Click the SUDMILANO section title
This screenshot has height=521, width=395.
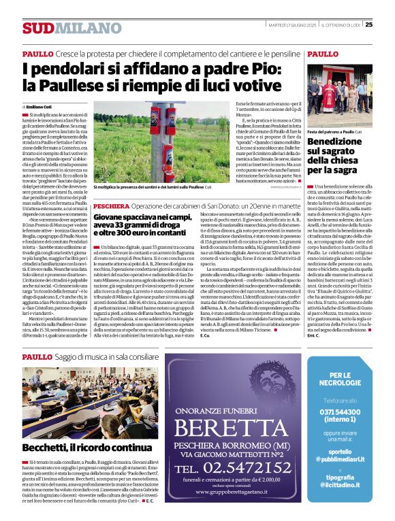click(62, 28)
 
